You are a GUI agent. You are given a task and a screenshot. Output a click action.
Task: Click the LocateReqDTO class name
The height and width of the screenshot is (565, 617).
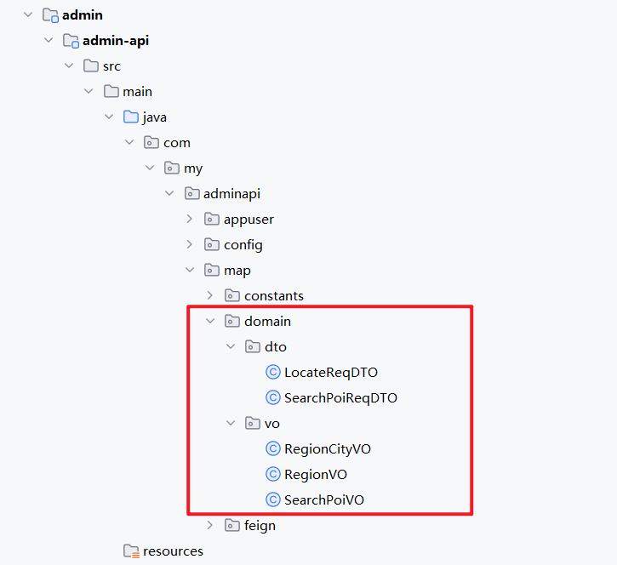[330, 372]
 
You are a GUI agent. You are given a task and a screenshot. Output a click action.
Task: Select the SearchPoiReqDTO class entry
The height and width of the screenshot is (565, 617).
[340, 397]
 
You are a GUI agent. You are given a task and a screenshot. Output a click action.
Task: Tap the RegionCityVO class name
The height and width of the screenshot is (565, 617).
[328, 448]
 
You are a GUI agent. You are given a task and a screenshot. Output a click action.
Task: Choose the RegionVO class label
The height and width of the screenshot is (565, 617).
[316, 474]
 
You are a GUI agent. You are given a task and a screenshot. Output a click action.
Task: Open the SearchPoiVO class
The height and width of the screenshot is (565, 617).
[323, 499]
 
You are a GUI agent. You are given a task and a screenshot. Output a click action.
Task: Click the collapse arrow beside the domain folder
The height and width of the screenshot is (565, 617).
[210, 321]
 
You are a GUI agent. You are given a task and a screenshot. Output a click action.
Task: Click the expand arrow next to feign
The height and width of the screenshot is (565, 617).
[210, 525]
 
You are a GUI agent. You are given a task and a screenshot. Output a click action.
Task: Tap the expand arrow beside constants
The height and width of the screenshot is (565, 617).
[210, 295]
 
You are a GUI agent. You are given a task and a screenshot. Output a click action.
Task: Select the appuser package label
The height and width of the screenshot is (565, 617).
[249, 219]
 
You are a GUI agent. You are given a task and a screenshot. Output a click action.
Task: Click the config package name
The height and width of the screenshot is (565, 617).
[243, 244]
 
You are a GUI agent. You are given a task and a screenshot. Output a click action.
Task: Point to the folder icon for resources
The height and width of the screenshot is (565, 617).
[130, 551]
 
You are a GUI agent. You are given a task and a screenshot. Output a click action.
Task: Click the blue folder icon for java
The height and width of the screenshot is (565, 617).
[130, 117]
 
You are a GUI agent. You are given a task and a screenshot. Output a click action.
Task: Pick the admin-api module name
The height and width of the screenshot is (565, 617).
[116, 40]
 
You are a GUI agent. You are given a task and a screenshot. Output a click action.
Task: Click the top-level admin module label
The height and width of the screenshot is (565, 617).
[83, 14]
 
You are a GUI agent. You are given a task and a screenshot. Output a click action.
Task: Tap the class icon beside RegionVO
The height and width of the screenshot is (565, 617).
[273, 474]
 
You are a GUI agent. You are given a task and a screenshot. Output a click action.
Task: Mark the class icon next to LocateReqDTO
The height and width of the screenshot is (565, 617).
[273, 372]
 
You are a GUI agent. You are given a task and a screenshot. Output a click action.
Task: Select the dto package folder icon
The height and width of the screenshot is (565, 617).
[253, 346]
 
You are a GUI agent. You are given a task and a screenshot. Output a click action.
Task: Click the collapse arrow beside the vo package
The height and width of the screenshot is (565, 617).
[231, 423]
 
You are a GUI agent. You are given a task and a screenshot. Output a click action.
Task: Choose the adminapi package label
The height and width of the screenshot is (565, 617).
[232, 193]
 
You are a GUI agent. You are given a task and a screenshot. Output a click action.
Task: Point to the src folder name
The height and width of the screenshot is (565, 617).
[111, 66]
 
